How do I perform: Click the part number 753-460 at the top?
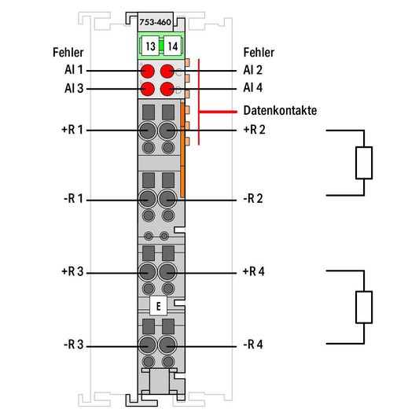[156, 22]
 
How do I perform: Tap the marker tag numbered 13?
[150, 46]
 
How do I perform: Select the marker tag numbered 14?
[172, 46]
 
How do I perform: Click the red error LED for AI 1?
[148, 71]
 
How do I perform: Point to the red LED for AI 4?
[167, 89]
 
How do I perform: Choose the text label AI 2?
[253, 70]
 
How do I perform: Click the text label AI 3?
[74, 88]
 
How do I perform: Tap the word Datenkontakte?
[280, 110]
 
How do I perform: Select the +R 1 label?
[72, 130]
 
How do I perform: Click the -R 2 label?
[253, 198]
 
